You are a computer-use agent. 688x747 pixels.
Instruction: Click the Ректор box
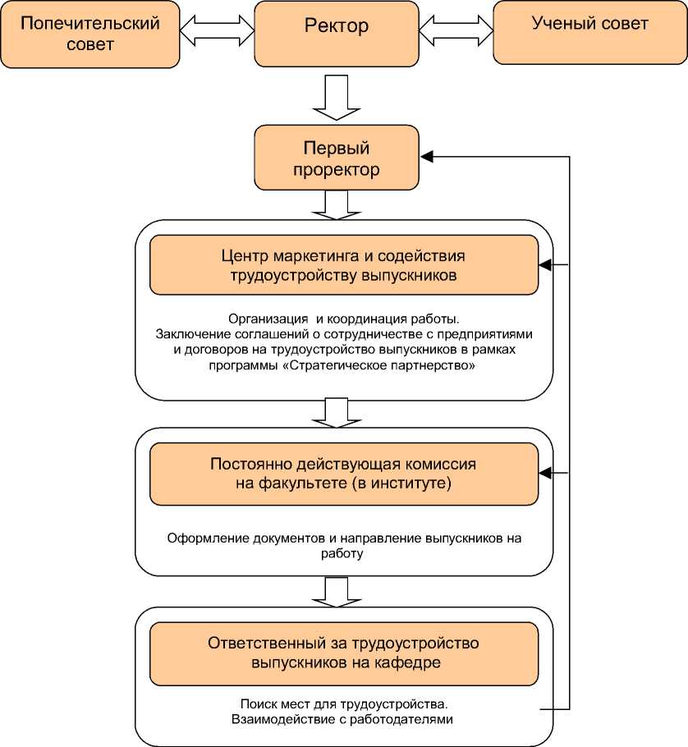336,34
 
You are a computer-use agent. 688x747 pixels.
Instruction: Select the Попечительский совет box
90,34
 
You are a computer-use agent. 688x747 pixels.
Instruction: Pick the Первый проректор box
336,159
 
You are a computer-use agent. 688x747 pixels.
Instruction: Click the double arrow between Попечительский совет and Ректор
217,32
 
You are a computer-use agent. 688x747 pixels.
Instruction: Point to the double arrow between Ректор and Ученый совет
456,32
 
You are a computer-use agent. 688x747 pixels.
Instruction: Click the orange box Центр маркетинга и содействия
344,265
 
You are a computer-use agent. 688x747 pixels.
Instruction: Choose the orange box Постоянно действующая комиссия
344,474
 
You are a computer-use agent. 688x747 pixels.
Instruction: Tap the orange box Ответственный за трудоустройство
344,653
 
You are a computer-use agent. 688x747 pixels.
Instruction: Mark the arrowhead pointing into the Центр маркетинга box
544,265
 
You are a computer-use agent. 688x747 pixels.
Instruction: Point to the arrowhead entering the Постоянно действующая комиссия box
544,474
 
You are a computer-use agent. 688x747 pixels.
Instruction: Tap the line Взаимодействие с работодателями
343,719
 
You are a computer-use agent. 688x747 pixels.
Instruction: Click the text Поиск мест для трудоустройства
344,704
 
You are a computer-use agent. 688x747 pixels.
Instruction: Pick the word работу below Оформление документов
344,553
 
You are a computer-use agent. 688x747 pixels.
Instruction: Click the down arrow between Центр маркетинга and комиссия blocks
337,412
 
